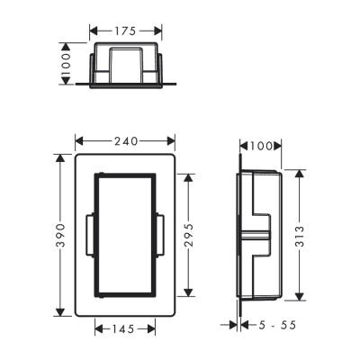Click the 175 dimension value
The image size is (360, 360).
point(125,31)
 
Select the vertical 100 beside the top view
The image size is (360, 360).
point(66,64)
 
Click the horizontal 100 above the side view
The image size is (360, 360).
point(260,144)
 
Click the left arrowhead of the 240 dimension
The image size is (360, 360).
point(78,140)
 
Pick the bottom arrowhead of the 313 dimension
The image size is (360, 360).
point(300,295)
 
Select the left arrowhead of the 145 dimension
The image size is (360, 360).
point(97,329)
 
